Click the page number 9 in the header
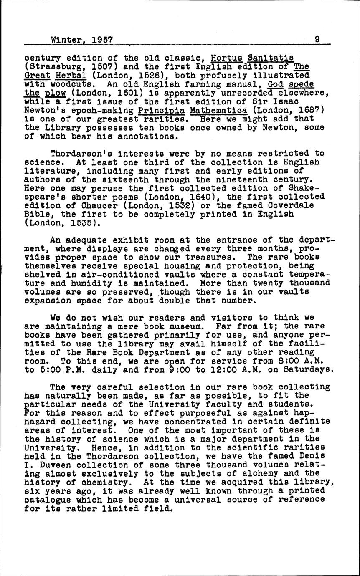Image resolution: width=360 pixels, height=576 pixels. (317, 40)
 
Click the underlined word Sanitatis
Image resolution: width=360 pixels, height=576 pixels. (271, 57)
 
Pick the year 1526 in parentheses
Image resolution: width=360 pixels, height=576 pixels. (148, 76)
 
